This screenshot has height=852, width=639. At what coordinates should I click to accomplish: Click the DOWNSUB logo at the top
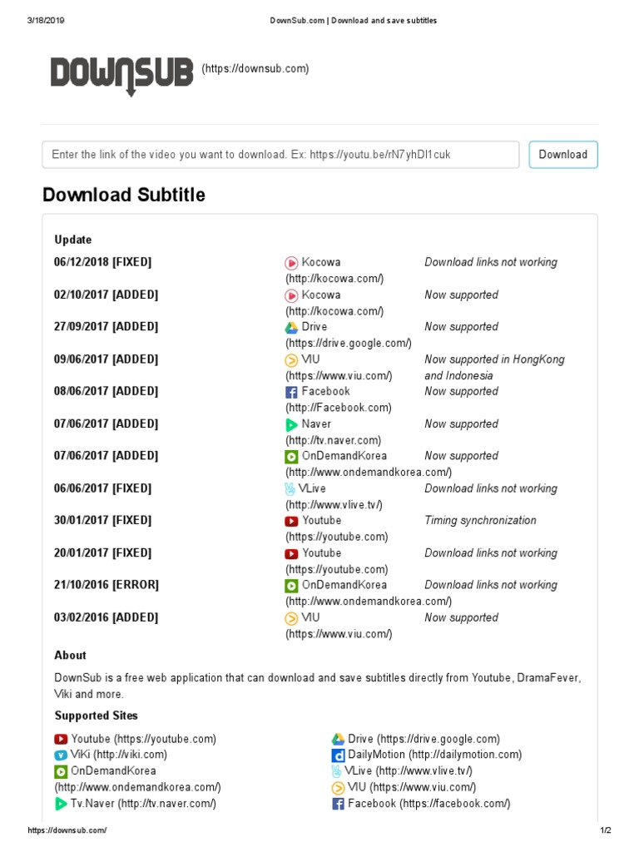point(121,74)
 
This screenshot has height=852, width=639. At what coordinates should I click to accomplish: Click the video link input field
point(280,155)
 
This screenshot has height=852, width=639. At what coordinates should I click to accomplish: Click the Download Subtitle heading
point(124,195)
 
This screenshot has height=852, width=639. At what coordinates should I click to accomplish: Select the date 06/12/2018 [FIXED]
point(103,262)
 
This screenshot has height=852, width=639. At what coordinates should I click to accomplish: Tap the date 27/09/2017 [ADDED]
point(106,327)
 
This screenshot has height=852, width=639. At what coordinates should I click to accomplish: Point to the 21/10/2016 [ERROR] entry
point(106,585)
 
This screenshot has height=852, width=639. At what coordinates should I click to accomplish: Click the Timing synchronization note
point(480,521)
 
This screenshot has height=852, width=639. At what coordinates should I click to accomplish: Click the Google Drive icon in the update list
point(291,328)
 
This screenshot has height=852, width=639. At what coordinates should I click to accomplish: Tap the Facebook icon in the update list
point(291,392)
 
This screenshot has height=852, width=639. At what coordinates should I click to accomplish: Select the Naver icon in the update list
point(291,424)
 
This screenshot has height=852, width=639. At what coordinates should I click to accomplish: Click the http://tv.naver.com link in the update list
point(334,440)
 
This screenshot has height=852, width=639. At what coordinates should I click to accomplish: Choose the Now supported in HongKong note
point(494,359)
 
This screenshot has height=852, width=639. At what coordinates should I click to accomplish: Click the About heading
point(71,656)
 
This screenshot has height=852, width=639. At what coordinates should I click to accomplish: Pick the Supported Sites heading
point(97,716)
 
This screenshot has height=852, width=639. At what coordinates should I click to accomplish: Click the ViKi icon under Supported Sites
point(61,755)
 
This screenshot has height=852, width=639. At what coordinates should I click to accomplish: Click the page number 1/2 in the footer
point(605,831)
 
